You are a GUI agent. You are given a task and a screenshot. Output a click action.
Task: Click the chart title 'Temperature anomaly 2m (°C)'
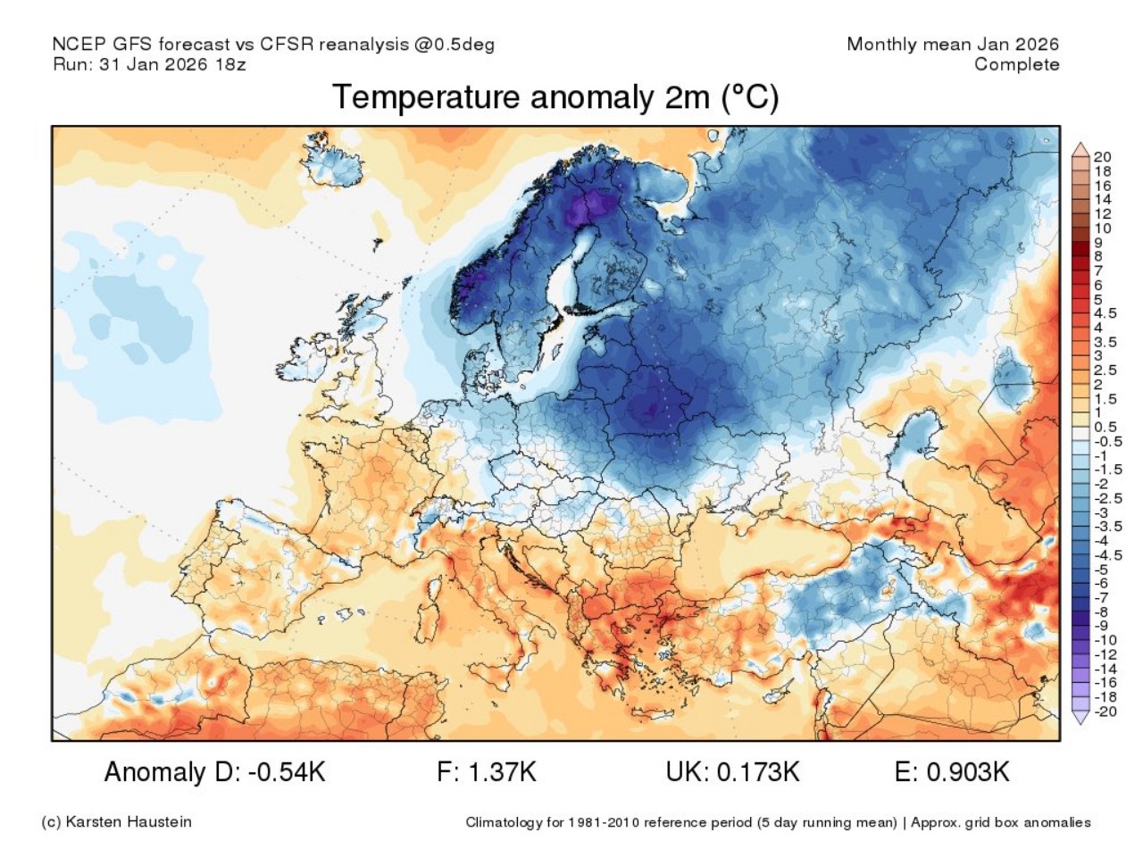tap(555, 96)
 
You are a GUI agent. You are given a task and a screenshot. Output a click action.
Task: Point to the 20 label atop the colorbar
tap(1103, 157)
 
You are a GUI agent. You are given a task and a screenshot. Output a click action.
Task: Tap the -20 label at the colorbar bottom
tap(1105, 711)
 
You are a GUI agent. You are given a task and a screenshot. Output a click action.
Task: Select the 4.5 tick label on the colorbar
tap(1105, 313)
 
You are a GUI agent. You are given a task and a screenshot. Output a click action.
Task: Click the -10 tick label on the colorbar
tap(1105, 640)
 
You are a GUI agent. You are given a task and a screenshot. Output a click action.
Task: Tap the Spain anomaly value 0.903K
tap(968, 772)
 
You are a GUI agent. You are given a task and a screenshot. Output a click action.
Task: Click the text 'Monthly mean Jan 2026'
tap(952, 44)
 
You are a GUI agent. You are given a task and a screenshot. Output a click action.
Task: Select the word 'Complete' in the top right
tap(1016, 64)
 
